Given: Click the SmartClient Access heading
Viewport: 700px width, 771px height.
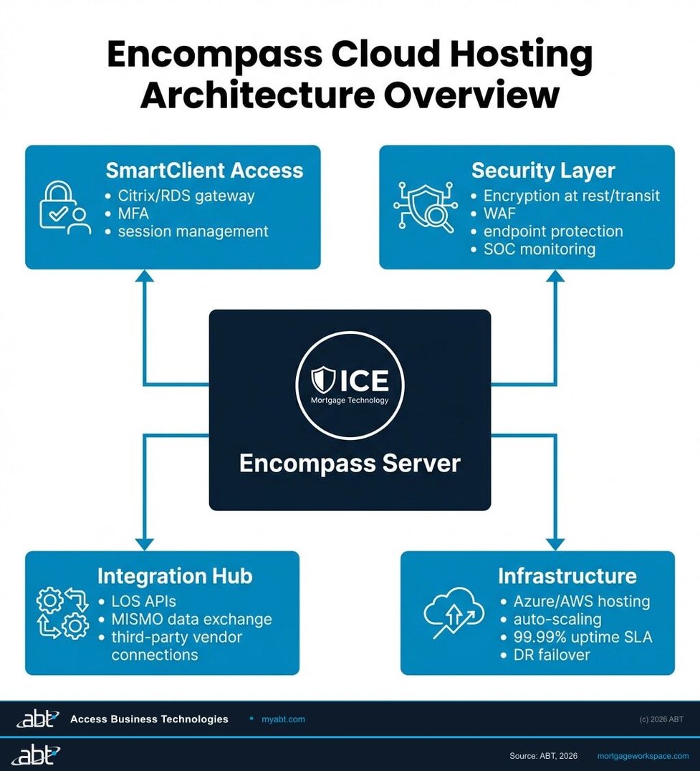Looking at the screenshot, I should click(x=204, y=171).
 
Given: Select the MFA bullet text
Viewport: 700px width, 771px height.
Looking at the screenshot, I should click(x=133, y=214).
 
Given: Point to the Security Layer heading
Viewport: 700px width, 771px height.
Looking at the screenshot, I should click(x=543, y=171).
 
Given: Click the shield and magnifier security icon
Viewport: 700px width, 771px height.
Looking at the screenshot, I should click(x=423, y=206).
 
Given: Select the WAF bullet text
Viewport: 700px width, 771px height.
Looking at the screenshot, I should click(x=499, y=214).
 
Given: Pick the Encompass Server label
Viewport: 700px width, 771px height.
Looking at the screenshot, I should click(x=350, y=463).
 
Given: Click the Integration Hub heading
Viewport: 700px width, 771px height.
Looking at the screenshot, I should click(x=175, y=576).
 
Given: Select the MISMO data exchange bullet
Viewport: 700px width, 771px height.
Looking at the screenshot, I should click(x=191, y=619).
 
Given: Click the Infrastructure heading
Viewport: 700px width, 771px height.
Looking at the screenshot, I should click(x=567, y=576).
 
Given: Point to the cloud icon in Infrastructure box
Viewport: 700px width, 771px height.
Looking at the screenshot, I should click(x=454, y=614).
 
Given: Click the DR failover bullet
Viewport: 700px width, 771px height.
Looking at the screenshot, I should click(x=542, y=654).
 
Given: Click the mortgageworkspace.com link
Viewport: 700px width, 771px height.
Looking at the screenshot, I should click(x=643, y=756).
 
